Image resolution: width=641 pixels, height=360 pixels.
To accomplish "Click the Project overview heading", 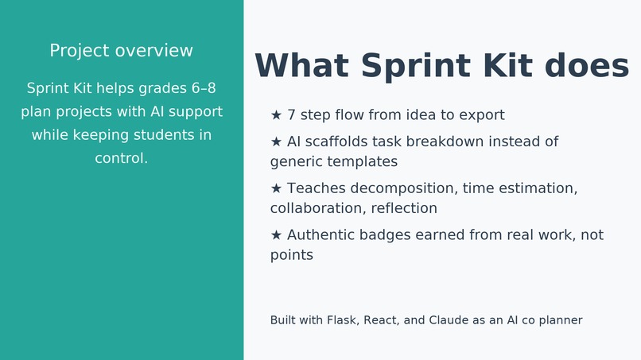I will (121, 51).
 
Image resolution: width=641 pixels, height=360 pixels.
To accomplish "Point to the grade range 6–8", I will (204, 88).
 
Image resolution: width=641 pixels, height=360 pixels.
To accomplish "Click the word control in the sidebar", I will (120, 158).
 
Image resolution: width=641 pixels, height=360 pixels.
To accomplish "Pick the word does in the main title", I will (588, 67).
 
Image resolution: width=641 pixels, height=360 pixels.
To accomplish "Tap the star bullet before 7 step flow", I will (276, 115).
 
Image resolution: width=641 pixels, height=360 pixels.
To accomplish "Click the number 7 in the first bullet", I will (292, 115).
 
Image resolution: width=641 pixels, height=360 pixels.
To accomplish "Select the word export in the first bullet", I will (480, 115).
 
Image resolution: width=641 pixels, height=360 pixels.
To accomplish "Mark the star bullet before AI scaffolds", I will (276, 142).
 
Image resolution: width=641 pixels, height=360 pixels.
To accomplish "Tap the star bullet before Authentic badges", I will (276, 236).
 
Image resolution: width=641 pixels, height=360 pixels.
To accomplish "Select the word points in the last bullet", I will (291, 256).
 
